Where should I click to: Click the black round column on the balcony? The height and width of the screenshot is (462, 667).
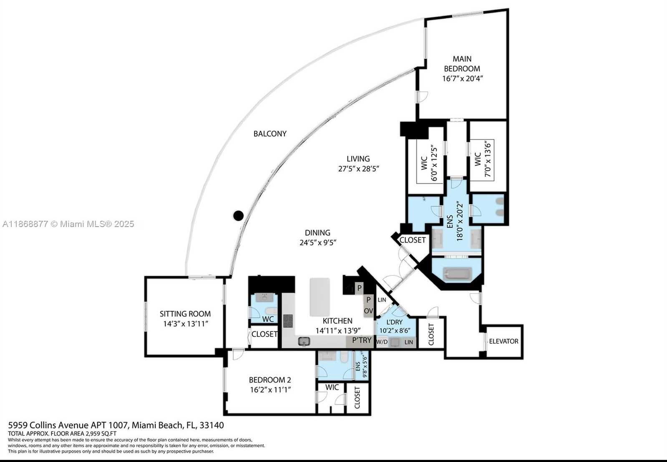238,216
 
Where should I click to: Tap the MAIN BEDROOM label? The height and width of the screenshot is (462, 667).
462,64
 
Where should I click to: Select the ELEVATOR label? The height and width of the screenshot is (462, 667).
503,341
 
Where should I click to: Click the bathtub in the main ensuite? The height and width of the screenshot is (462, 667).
457,274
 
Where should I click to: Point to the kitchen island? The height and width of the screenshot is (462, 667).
320,297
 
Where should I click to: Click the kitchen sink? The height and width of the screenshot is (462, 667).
304,341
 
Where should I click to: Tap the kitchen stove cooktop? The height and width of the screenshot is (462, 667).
288,321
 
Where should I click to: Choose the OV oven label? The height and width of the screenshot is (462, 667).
368,311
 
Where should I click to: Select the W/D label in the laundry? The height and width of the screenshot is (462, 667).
382,342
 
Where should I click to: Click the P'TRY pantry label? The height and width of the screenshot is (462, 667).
362,340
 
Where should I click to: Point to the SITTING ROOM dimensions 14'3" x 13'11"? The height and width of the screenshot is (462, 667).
185,324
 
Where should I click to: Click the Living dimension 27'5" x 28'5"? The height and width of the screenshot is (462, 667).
358,169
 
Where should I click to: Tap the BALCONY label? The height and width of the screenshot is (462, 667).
270,134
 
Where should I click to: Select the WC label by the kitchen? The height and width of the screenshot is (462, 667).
268,319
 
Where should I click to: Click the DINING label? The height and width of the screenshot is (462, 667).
317,232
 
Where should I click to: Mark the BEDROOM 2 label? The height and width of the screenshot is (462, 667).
270,380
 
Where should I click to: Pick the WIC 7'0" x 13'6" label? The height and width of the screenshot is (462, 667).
482,160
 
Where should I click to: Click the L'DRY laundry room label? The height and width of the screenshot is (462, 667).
394,322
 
